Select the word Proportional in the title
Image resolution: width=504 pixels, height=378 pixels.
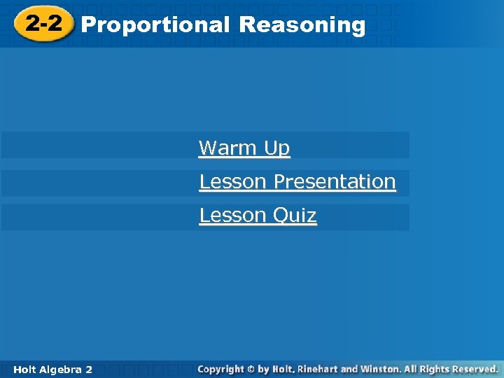pos(155,25)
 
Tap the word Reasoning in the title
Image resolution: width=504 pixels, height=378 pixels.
pos(302,25)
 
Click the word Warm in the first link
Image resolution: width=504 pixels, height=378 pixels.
pos(227,148)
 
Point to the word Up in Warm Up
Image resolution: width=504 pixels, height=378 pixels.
pos(276,148)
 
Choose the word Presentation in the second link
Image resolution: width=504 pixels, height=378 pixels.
pos(335,181)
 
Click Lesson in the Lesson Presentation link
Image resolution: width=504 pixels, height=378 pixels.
pos(233,181)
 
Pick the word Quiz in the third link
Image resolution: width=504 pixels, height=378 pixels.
pos(295,215)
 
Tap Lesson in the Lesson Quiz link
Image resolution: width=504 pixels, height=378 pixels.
pos(233,215)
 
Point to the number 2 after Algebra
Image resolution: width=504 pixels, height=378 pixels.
pos(88,369)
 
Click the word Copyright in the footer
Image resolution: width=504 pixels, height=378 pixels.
pos(220,369)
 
